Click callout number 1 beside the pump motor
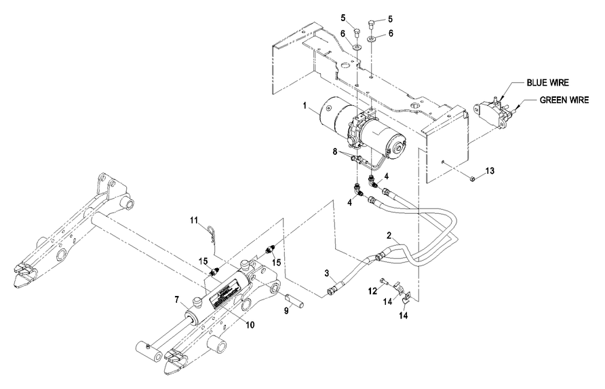(306, 105)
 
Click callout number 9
(286, 310)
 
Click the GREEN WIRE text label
(564, 99)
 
